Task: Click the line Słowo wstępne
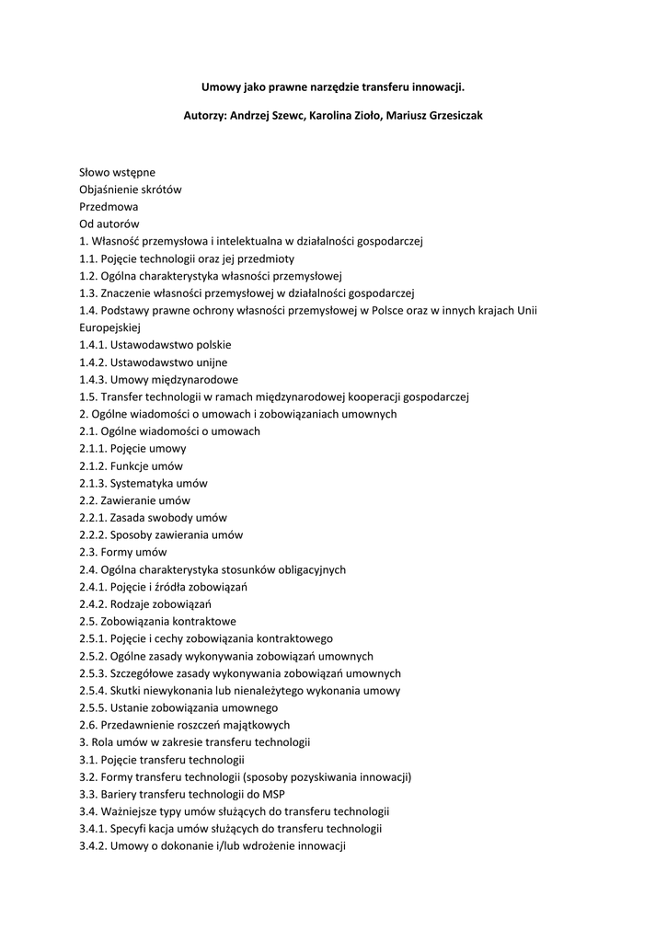117,172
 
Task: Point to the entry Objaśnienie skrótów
130,190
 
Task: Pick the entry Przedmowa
109,207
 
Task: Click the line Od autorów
109,224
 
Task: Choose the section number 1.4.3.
92,379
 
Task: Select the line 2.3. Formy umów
122,552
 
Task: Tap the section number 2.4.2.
92,603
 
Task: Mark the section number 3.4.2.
92,845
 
